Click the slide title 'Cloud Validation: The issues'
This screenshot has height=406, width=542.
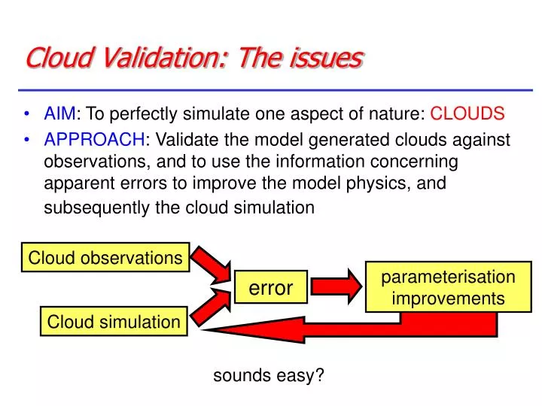click(194, 58)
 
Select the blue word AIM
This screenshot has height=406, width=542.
click(59, 114)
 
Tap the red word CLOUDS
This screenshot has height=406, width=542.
click(467, 114)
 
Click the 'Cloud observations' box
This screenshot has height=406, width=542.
click(105, 258)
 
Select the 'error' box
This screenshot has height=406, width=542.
click(270, 286)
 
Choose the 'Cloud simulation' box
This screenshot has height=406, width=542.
click(114, 322)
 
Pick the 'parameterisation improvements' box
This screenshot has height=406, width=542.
click(448, 287)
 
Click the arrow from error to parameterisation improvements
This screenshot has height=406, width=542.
click(336, 286)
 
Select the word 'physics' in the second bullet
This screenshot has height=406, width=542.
click(404, 183)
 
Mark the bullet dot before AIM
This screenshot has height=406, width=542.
click(28, 115)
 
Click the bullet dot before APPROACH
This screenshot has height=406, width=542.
click(28, 141)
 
